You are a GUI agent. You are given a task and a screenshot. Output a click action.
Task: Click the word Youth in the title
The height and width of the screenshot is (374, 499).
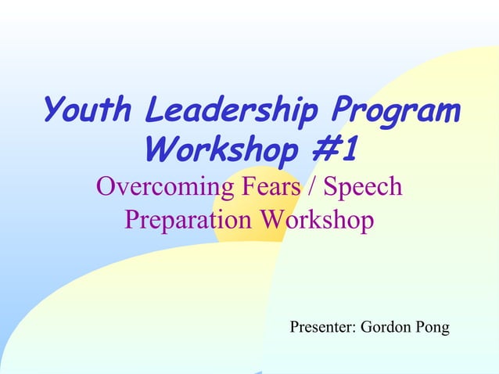coord(85,110)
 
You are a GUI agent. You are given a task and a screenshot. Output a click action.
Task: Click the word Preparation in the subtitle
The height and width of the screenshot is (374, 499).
coord(188,220)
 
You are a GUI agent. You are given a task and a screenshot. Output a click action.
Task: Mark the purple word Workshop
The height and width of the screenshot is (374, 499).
coord(317,220)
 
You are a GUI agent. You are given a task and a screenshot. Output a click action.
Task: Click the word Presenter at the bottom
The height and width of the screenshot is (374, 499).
coord(322,327)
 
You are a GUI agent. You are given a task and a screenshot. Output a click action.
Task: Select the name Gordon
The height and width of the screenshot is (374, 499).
coord(385,327)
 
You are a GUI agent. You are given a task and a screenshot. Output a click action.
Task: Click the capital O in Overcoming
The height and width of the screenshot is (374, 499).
coord(106,188)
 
